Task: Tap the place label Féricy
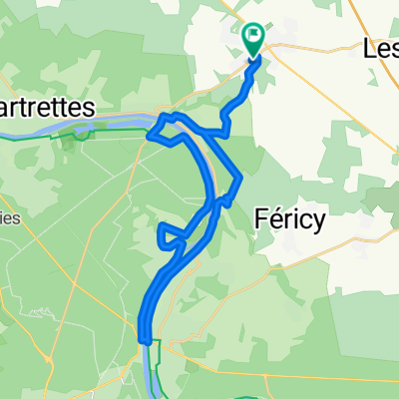(x=290, y=219)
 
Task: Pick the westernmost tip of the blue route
(x=150, y=134)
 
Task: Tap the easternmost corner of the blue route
(x=239, y=180)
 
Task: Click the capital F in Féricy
(x=261, y=219)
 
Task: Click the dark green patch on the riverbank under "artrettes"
(x=68, y=140)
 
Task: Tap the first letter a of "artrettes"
(x=6, y=107)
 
